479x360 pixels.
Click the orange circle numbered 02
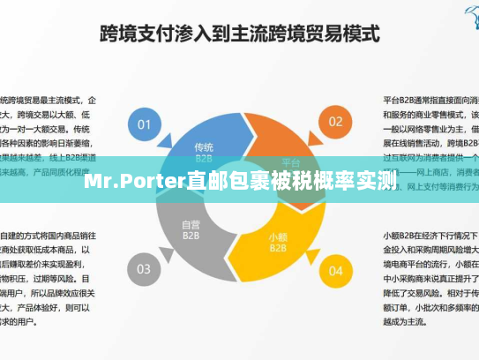(x=335, y=122)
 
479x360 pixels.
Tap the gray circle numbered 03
(x=145, y=268)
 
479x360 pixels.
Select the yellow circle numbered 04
(x=335, y=270)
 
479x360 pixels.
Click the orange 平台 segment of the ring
(x=290, y=159)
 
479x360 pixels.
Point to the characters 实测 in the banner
(x=374, y=182)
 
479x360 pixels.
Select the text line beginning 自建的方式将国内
(x=49, y=236)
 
